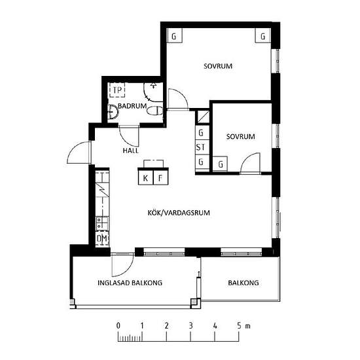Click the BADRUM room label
pos(132,106)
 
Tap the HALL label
pos(131,151)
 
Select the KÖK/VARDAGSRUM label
pos(179,213)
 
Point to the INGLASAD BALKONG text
pos(130,283)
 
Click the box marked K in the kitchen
pos(145,177)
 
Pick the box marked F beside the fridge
pos(160,177)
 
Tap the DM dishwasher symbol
pos(102,238)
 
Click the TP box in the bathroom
pos(117,90)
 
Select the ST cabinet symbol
pos(202,147)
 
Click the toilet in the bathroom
pos(154,111)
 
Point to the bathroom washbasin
pos(113,112)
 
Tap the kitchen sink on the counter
pos(102,223)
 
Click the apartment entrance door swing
pos(79,153)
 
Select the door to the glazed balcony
pos(122,265)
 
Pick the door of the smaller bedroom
pos(250,163)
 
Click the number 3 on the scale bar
pos(190,325)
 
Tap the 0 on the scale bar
pos(118,325)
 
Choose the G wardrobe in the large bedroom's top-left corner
pos(174,35)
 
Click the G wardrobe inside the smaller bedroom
pos(220,164)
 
